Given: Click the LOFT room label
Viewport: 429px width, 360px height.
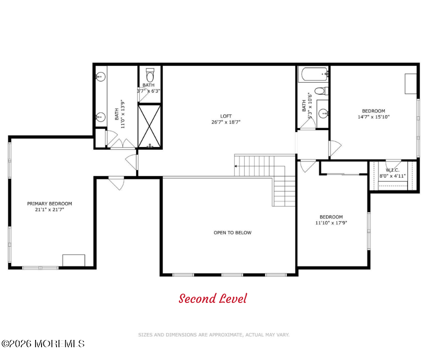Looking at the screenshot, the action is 226,116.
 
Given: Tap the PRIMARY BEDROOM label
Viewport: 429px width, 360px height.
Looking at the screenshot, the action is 50,204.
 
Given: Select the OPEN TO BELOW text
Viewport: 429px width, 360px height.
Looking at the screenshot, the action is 233,233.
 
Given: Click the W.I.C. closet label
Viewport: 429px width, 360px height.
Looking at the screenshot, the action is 392,170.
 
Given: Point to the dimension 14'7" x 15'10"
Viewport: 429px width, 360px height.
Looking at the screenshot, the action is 373,116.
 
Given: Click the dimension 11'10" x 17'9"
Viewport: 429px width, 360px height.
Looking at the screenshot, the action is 331,223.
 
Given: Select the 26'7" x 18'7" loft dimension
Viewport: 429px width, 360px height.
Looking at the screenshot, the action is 226,122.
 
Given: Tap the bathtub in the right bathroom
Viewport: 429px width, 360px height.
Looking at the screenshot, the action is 314,74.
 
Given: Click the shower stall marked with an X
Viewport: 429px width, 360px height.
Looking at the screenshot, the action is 149,126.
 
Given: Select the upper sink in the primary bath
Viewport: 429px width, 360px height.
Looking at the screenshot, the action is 100,76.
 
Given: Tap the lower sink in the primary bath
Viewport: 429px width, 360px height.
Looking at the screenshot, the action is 100,117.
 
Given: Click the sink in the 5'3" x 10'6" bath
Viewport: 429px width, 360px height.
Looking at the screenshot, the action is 324,113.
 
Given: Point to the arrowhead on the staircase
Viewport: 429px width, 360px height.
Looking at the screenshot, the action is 235,166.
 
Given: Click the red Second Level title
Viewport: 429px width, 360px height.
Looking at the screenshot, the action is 213,298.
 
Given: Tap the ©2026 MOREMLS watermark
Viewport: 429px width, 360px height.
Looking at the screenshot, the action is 43,344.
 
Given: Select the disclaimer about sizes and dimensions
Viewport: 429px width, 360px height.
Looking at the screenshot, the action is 214,335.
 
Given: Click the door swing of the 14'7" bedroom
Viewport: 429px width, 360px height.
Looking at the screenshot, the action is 335,148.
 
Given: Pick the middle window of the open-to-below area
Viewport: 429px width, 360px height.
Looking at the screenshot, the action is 232,275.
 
